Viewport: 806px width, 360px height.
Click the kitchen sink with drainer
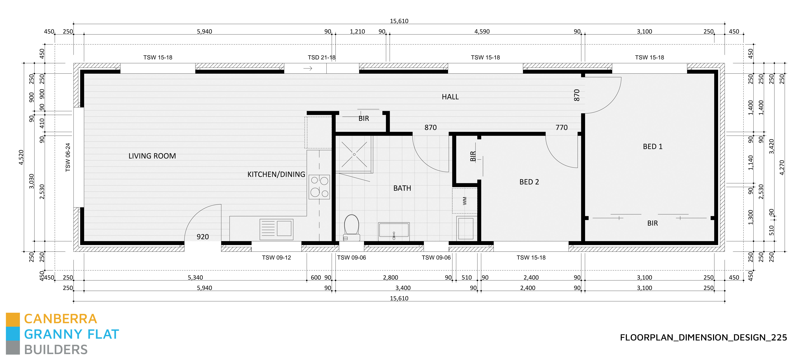(276, 229)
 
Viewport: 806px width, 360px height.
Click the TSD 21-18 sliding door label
(321, 57)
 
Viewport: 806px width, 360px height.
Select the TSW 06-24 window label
(68, 157)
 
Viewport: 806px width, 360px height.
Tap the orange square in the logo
(13, 319)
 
